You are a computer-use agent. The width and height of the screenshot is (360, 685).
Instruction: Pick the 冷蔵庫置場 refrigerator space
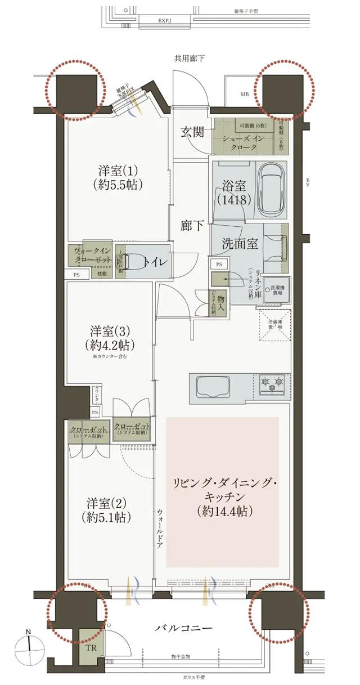275,326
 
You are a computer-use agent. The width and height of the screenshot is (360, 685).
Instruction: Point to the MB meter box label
245,93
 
